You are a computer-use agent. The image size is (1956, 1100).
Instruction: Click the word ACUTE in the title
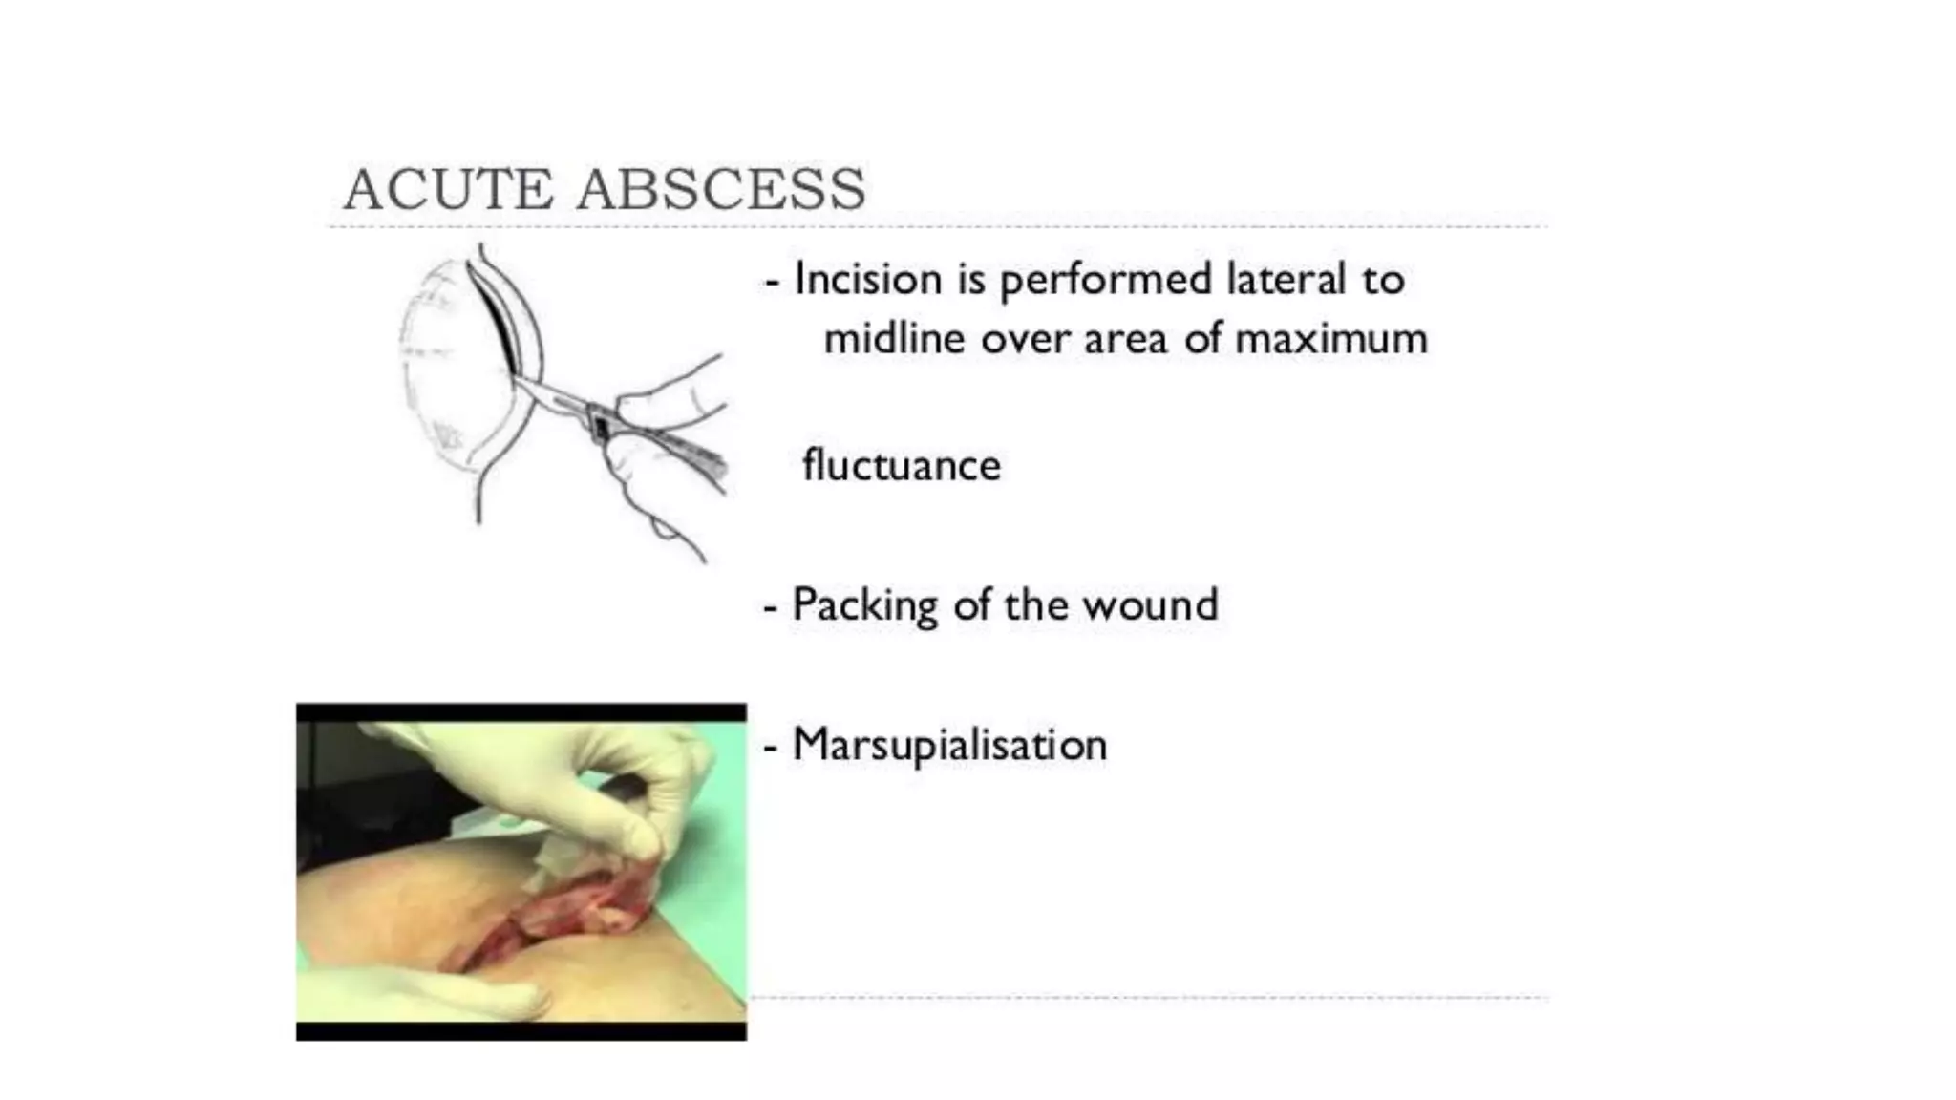tap(448, 189)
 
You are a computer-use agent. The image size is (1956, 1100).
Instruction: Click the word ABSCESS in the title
tap(721, 189)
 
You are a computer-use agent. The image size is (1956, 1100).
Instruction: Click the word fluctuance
tap(901, 466)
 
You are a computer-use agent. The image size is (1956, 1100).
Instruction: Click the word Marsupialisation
tap(949, 746)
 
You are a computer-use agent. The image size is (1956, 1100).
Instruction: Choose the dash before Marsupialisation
tap(771, 748)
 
